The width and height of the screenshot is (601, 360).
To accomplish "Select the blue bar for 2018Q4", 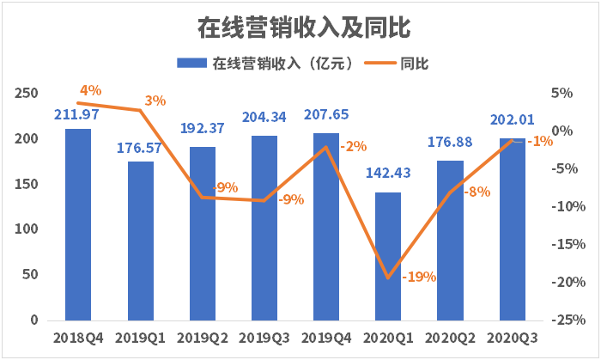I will (x=78, y=225).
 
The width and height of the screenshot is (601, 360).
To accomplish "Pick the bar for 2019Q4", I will (x=325, y=227).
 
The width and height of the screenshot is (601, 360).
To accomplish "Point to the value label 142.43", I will (x=388, y=174).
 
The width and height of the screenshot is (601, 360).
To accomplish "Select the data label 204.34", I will (x=264, y=117).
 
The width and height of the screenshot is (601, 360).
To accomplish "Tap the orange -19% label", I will (x=419, y=277).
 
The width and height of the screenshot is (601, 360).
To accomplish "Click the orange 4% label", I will (x=90, y=89).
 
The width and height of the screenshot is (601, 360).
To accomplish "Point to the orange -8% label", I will (x=477, y=192).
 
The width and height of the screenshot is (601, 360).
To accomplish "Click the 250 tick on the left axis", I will (x=27, y=94).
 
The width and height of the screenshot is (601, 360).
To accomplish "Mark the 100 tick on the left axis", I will (x=27, y=229).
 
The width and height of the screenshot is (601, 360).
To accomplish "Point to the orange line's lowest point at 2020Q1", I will (x=388, y=278).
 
